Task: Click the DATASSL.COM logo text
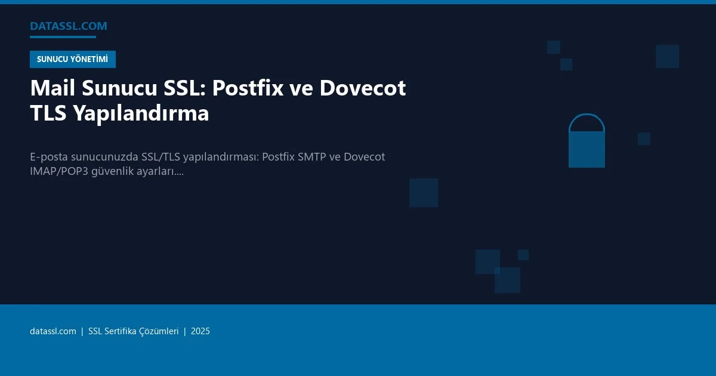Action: pyautogui.click(x=69, y=26)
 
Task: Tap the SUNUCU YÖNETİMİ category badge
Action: pyautogui.click(x=72, y=59)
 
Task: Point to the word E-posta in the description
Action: pyautogui.click(x=48, y=157)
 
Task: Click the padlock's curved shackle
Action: pyautogui.click(x=587, y=122)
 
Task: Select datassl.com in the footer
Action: pyautogui.click(x=53, y=331)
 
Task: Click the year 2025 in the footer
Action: pyautogui.click(x=200, y=331)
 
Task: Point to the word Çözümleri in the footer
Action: pyautogui.click(x=159, y=331)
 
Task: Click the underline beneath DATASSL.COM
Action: pyautogui.click(x=63, y=37)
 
